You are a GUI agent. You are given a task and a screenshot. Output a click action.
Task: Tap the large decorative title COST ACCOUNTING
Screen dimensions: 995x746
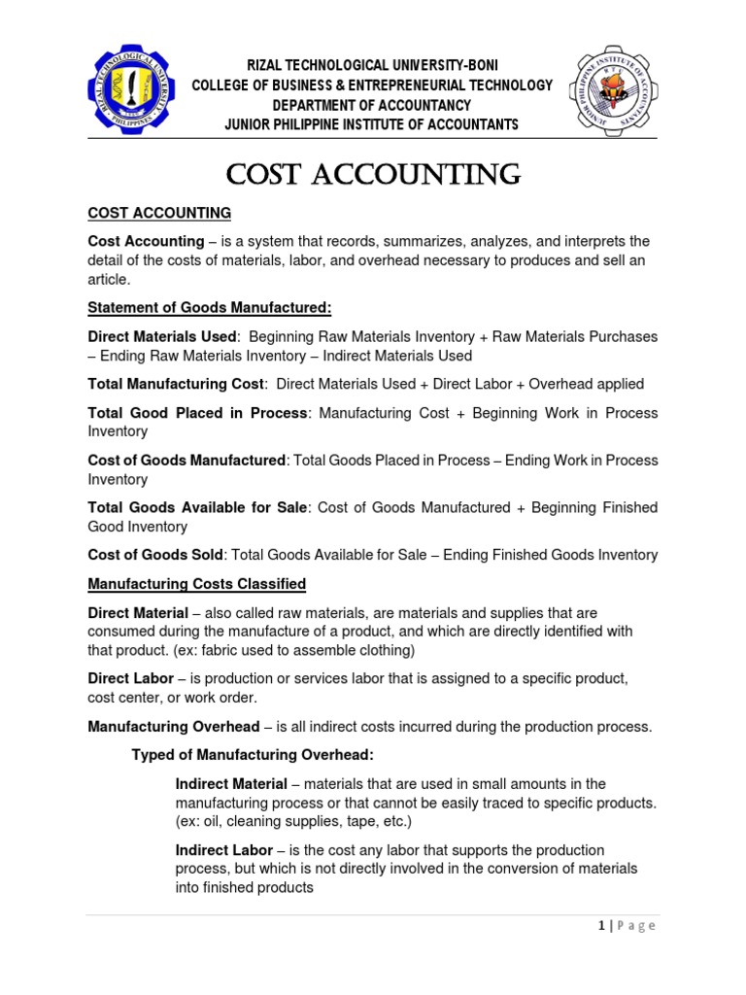(373, 175)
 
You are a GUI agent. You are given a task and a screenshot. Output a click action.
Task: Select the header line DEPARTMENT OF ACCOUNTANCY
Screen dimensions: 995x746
(372, 105)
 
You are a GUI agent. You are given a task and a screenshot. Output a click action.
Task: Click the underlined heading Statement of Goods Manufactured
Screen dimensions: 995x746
(210, 308)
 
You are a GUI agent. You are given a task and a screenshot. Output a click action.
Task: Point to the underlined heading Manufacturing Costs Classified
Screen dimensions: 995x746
(197, 584)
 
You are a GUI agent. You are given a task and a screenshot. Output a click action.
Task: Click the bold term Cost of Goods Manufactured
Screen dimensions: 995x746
(186, 460)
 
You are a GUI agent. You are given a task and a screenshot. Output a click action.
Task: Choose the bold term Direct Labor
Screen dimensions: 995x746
(131, 678)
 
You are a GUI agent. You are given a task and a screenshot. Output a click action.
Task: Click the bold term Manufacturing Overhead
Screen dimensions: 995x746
(174, 726)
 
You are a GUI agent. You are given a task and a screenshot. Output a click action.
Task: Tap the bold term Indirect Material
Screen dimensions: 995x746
(231, 784)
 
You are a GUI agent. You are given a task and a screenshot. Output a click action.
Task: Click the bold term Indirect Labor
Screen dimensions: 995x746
(222, 850)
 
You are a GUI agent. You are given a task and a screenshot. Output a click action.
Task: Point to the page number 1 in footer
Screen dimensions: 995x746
(601, 926)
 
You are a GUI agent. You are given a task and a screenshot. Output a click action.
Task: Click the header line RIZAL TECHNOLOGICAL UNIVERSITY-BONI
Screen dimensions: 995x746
(372, 65)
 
